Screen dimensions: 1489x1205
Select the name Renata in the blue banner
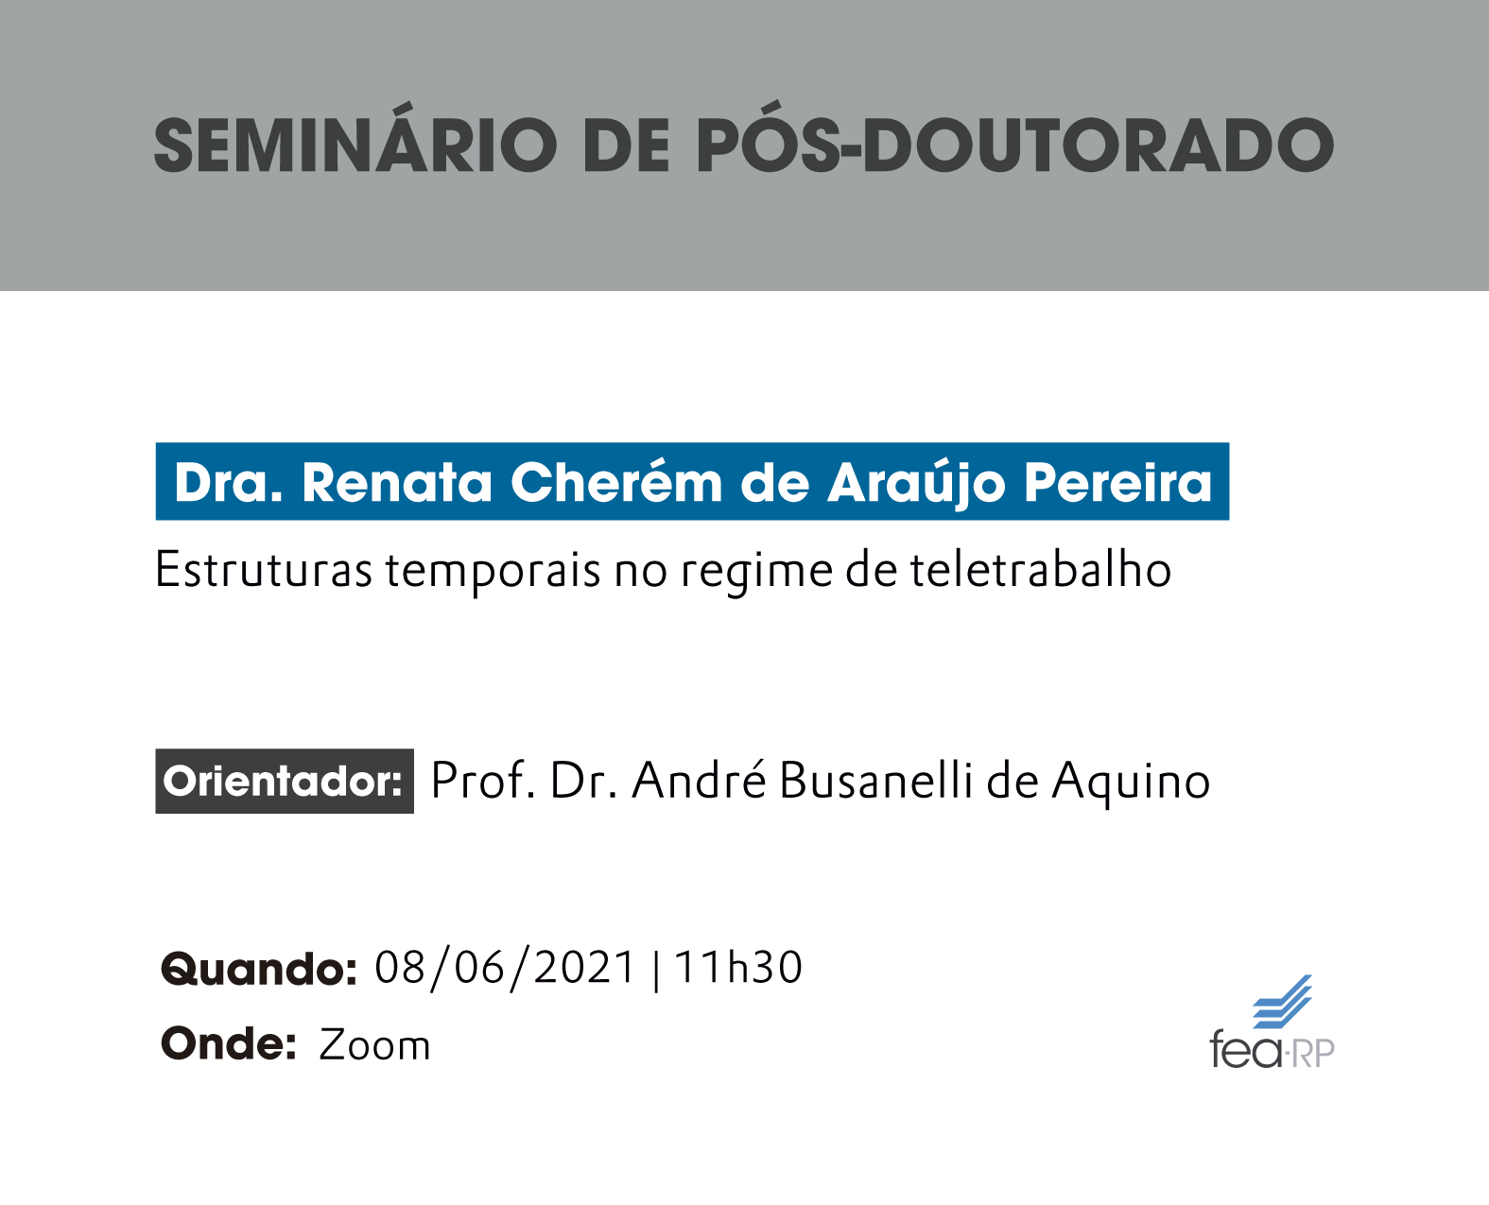point(397,483)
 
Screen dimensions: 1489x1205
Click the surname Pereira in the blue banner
point(1117,483)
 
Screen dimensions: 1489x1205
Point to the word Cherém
point(615,481)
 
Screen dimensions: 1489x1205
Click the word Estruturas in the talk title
point(263,569)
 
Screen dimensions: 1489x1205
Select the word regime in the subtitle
point(756,573)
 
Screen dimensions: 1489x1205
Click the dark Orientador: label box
point(285,781)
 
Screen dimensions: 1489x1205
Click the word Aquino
point(1131,783)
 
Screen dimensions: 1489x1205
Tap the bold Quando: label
point(259,970)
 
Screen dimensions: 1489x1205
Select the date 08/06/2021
point(505,968)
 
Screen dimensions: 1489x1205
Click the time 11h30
point(737,967)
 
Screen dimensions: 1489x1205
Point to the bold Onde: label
point(229,1043)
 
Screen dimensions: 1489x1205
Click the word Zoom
point(374,1045)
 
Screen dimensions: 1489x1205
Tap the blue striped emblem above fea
point(1282,1002)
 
